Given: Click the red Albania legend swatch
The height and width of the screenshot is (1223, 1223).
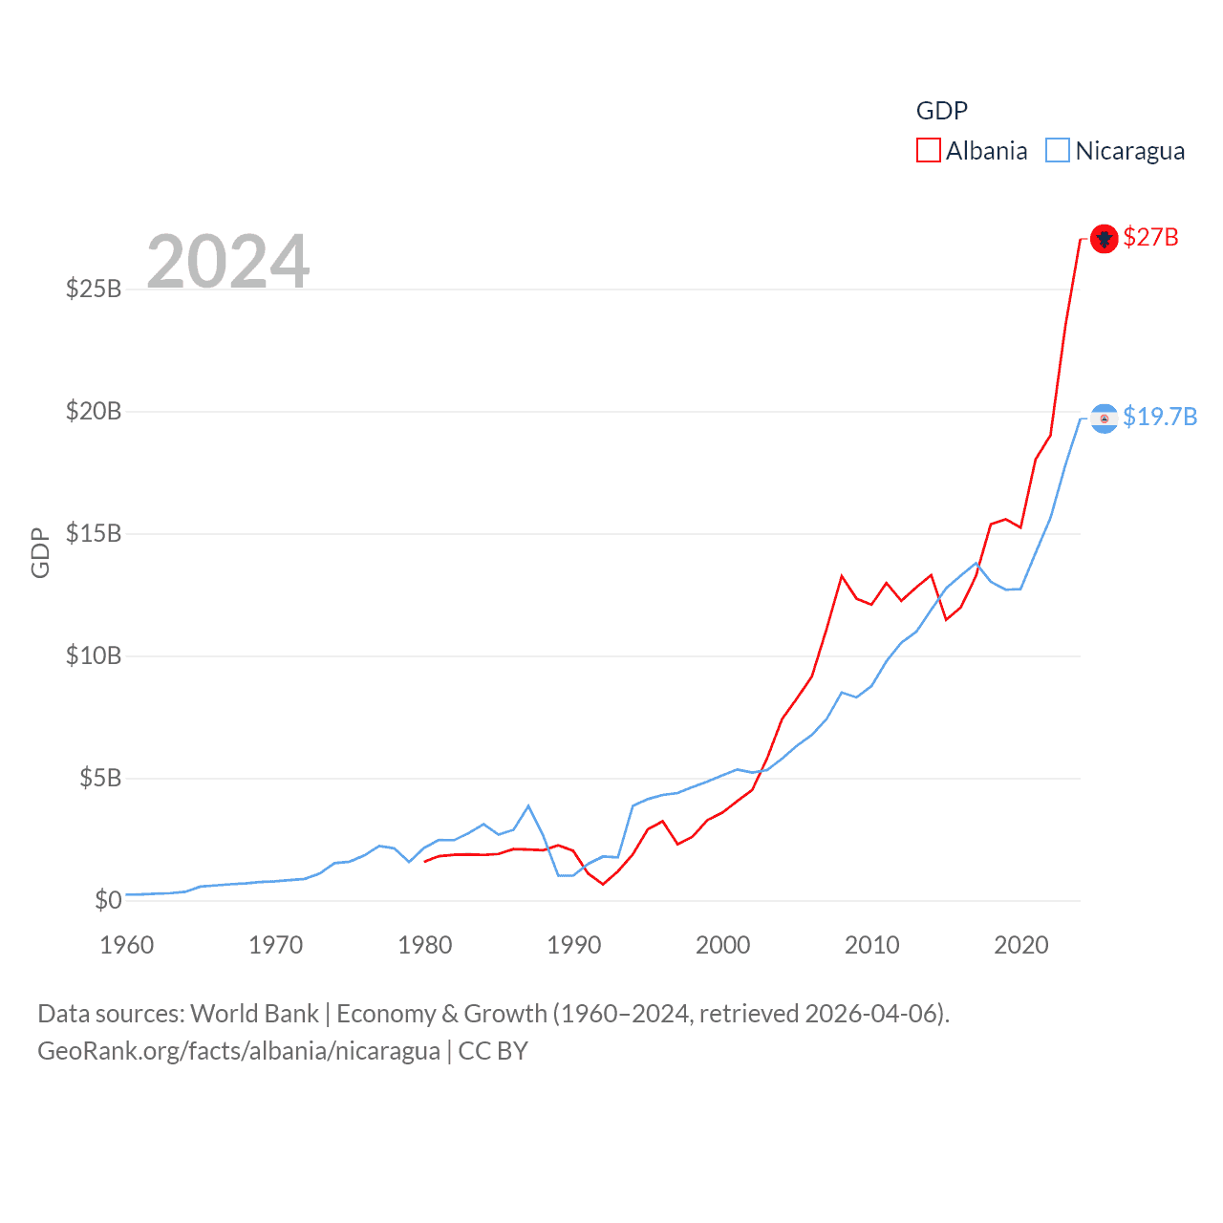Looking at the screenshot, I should point(928,151).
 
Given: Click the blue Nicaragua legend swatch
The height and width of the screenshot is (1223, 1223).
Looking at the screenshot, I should point(1057,151).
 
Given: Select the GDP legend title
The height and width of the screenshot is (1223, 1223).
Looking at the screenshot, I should point(941,111).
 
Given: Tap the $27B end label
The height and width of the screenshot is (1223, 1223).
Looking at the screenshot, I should point(1150,237).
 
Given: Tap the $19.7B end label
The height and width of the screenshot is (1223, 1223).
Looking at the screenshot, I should point(1159,417).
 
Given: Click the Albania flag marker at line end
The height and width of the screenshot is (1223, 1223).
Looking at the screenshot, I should point(1104,238).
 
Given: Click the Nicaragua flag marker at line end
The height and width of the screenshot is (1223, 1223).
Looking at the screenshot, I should point(1104,418).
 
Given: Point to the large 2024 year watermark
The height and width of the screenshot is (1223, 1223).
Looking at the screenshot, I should point(228,261).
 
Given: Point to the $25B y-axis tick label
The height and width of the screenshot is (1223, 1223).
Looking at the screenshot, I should point(94,289).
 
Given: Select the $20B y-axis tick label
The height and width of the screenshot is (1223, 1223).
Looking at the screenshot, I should point(94,411).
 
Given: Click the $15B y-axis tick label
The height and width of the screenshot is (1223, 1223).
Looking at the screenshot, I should point(94,533).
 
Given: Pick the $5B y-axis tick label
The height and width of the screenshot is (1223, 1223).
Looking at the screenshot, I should point(100,778).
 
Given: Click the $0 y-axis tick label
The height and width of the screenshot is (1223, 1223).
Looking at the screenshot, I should point(108,900).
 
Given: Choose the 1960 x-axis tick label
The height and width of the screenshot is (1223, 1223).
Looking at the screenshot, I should point(127,945).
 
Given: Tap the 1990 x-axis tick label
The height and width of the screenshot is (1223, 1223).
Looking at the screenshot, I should point(574,945).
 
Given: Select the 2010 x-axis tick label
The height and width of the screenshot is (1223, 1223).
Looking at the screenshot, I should point(872,945).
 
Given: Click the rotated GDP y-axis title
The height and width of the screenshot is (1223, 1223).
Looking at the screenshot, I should point(40,552).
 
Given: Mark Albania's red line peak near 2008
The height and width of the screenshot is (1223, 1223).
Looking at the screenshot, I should point(842,576).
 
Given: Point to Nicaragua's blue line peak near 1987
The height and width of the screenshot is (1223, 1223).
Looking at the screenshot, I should point(528,805).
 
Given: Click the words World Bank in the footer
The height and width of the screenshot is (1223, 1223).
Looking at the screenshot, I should point(254,1013).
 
